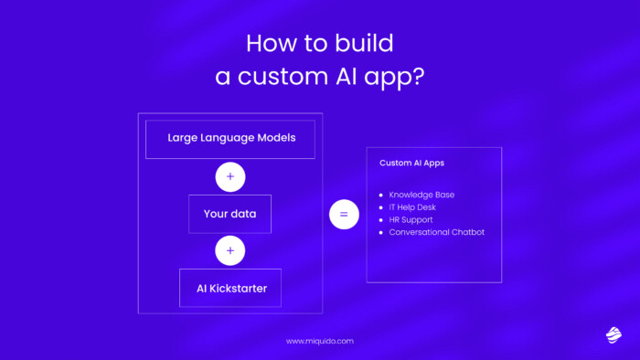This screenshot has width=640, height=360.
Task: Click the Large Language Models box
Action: [229, 139]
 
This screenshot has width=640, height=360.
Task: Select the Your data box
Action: [229, 214]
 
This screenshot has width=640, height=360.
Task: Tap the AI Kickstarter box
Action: [229, 288]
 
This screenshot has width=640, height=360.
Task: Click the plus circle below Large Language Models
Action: [230, 176]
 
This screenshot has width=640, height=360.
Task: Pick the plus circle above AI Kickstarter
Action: [230, 250]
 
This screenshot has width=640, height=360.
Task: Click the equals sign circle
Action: [344, 215]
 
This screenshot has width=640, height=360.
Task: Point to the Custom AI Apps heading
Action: [412, 164]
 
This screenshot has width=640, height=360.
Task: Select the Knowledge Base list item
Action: [421, 195]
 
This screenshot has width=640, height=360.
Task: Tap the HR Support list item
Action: [411, 219]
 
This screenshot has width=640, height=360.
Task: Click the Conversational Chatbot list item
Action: [436, 232]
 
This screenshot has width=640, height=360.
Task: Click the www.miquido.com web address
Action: [319, 341]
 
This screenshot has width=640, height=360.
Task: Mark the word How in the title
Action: [270, 43]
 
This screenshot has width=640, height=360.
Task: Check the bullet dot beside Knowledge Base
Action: [381, 195]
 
